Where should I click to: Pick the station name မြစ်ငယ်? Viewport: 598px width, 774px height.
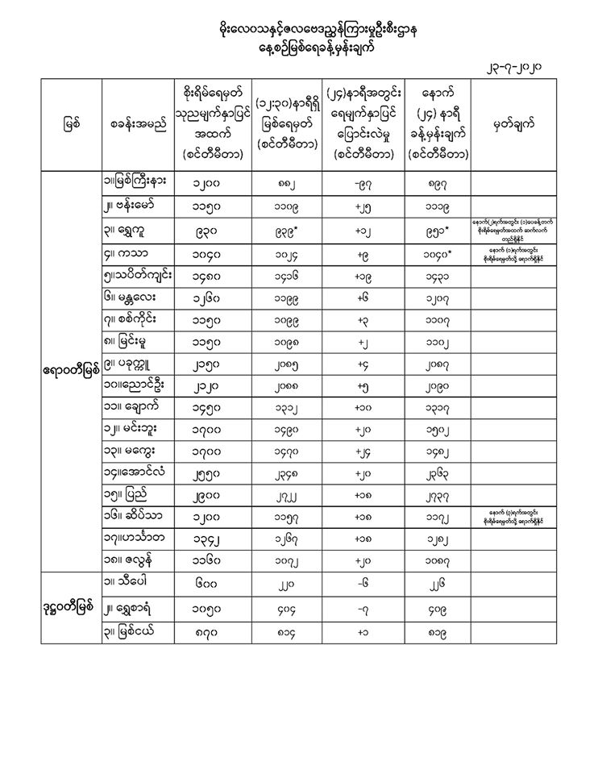point(129,627)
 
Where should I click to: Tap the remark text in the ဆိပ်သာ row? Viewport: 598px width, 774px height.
point(513,510)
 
